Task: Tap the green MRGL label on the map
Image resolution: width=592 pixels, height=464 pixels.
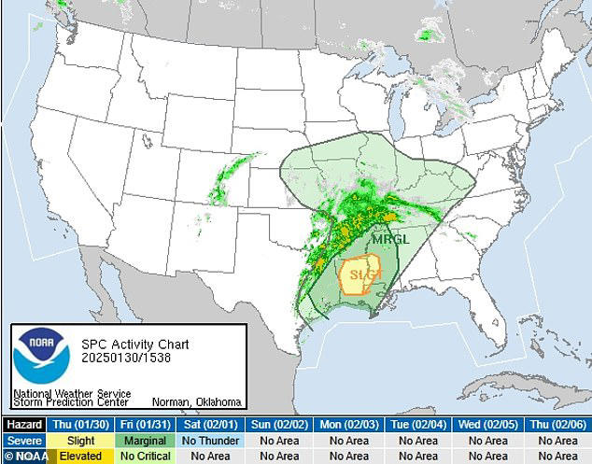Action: [x=389, y=239]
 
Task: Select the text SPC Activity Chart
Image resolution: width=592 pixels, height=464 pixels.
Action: [x=127, y=343]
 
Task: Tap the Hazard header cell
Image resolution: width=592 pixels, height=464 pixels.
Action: [x=22, y=424]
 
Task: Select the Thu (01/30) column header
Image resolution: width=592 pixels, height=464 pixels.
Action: [x=79, y=424]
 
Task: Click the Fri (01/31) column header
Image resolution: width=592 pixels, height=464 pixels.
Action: [x=148, y=424]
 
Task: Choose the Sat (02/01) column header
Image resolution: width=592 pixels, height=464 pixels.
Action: [x=215, y=424]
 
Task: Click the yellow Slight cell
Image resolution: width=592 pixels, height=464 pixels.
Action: [x=79, y=441]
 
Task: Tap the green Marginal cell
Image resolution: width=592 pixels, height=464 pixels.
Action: [x=148, y=441]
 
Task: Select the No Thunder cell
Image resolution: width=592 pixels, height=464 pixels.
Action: [x=215, y=441]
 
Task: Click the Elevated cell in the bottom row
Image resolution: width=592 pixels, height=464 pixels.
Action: [x=79, y=456]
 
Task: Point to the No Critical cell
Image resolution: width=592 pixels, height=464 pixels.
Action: [x=148, y=456]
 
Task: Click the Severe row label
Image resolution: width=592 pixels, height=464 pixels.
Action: [x=22, y=441]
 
